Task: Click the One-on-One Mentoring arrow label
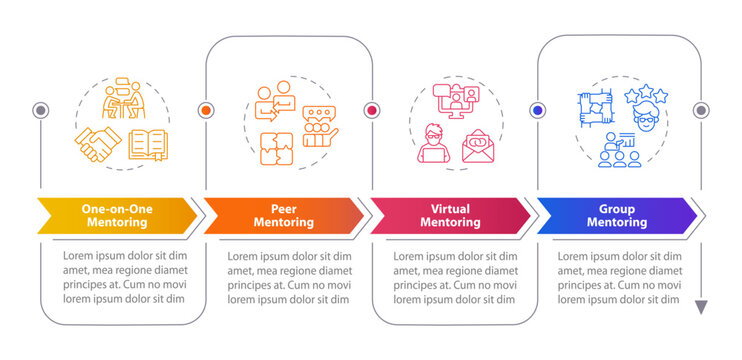tap(118, 215)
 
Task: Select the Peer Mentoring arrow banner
tap(284, 215)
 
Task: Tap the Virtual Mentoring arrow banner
tap(450, 215)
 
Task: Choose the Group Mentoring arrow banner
tap(616, 215)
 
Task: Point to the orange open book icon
tap(148, 146)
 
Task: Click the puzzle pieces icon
tap(275, 147)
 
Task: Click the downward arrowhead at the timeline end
tap(701, 307)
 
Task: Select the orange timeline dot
tap(207, 110)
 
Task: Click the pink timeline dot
tap(372, 110)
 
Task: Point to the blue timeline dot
tap(538, 110)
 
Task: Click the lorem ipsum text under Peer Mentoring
tap(283, 277)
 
